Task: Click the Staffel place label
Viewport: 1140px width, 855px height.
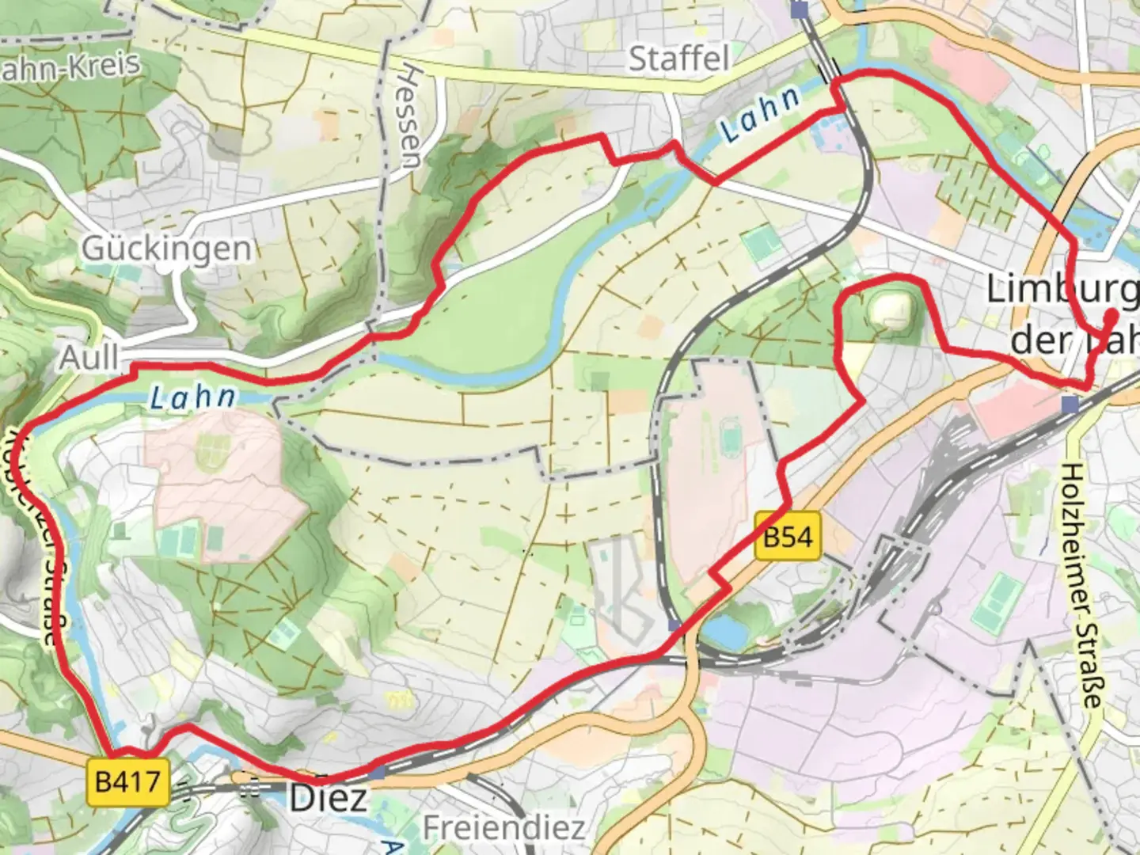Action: click(678, 59)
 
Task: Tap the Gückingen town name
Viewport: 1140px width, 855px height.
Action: click(166, 249)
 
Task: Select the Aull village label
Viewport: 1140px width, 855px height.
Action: click(89, 358)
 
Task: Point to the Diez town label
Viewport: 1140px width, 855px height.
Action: click(328, 797)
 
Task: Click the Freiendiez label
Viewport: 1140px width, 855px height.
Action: click(503, 828)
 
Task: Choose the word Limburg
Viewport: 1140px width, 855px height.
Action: click(1061, 290)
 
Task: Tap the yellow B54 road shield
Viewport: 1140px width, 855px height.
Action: click(787, 537)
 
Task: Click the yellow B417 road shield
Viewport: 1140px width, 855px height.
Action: click(127, 782)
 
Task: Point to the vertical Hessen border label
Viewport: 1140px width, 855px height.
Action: click(410, 116)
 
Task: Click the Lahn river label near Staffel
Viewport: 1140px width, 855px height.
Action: click(760, 114)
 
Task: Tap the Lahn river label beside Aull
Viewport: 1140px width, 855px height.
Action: click(193, 397)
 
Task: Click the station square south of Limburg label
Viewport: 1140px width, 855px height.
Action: click(1070, 405)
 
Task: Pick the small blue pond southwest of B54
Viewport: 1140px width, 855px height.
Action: click(724, 632)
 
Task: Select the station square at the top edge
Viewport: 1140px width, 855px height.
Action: click(800, 9)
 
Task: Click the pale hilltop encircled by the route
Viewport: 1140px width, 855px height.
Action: click(891, 310)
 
